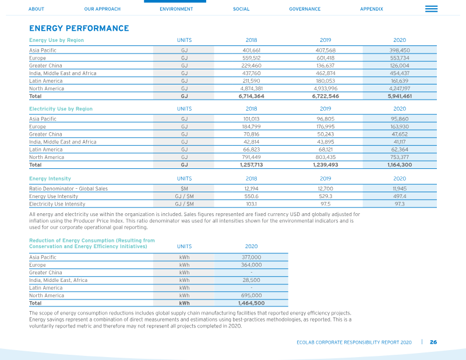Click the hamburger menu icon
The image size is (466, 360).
431,9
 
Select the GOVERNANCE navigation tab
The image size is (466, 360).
305,9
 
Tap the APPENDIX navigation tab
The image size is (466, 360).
372,9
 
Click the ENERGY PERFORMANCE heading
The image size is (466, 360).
79,28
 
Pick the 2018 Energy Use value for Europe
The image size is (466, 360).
252,58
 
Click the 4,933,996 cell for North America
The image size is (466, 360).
326,89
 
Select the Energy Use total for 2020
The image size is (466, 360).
400,96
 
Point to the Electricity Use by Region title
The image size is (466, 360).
61,109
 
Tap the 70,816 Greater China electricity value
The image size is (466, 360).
252,135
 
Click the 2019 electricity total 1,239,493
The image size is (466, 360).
326,165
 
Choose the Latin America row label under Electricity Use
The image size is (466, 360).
46,150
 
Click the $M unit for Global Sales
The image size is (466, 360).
184,189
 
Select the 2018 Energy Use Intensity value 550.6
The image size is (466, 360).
252,196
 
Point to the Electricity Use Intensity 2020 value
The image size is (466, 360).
400,204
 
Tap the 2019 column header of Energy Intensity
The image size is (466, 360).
326,179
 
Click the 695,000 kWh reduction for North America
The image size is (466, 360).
252,295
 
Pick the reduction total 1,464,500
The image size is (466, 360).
252,303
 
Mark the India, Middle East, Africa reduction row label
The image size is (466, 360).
58,280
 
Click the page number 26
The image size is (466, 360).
433,342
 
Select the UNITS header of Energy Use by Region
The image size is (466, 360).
184,40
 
